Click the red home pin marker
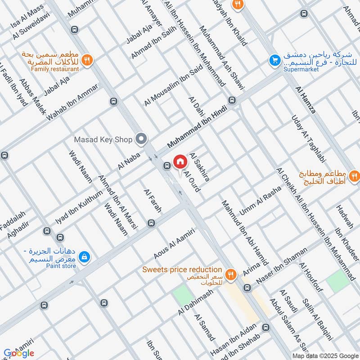180,162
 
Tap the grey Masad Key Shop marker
142,139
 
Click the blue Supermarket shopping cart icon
273,59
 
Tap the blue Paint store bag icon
83,257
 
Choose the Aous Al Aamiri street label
174,243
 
